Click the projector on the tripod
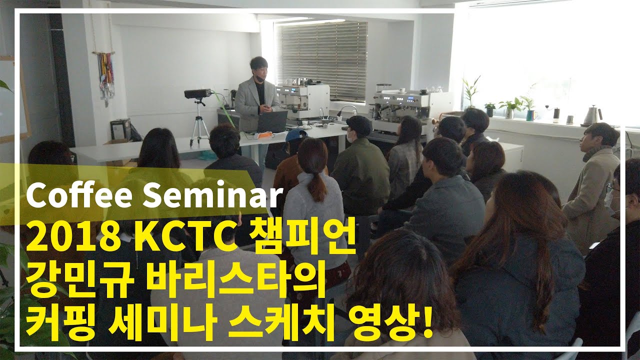pyautogui.click(x=198, y=93)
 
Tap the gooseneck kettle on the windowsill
pyautogui.click(x=592, y=115)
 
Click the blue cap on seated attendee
pyautogui.click(x=296, y=134)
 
